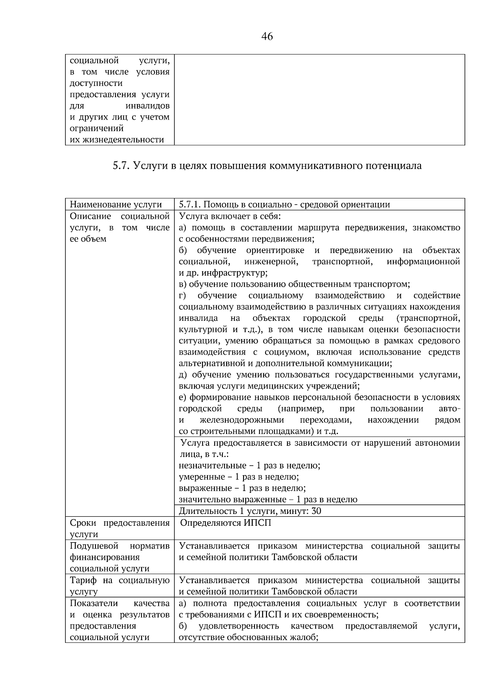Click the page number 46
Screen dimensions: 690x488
267,37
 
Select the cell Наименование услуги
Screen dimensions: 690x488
116,205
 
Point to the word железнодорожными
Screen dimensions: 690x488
242,420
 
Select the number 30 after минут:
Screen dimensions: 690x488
316,511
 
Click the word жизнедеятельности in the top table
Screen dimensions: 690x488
117,140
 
